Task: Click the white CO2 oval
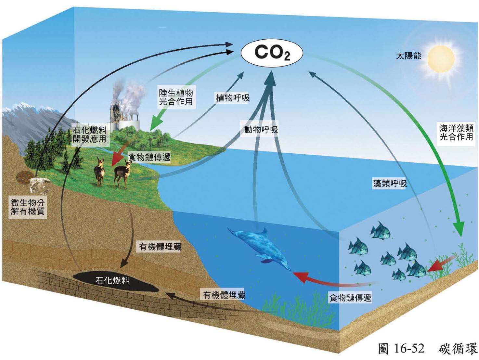[272, 53]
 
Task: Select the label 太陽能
[408, 56]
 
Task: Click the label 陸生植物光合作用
[175, 97]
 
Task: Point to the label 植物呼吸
[233, 97]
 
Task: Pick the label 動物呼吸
[261, 129]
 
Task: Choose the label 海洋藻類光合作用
[456, 132]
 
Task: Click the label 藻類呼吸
[390, 184]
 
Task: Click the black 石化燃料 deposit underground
[114, 280]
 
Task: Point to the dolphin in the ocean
[260, 247]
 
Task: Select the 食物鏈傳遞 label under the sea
[350, 297]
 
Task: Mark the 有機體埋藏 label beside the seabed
[224, 295]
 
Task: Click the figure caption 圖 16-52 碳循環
[427, 348]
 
